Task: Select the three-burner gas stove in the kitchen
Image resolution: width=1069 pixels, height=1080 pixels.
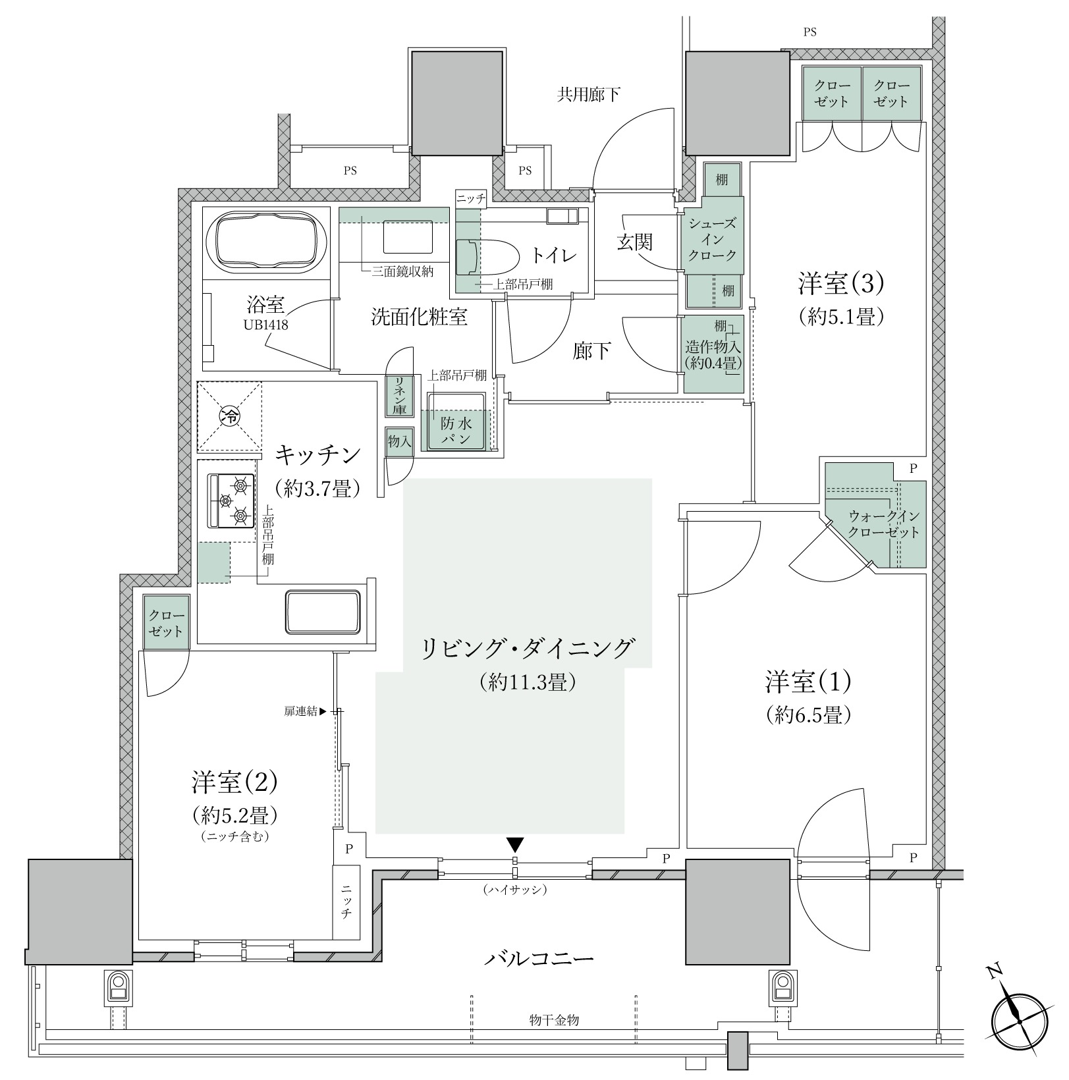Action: (x=231, y=500)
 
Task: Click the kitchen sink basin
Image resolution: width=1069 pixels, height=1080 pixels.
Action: (x=323, y=612)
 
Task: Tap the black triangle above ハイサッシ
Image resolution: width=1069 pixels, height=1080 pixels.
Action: (x=514, y=845)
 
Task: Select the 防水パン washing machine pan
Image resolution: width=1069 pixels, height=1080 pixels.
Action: (x=456, y=421)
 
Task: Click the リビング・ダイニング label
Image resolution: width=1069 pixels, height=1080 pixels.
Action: (x=528, y=649)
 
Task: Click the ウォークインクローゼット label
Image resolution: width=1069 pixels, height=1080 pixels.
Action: (x=883, y=525)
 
